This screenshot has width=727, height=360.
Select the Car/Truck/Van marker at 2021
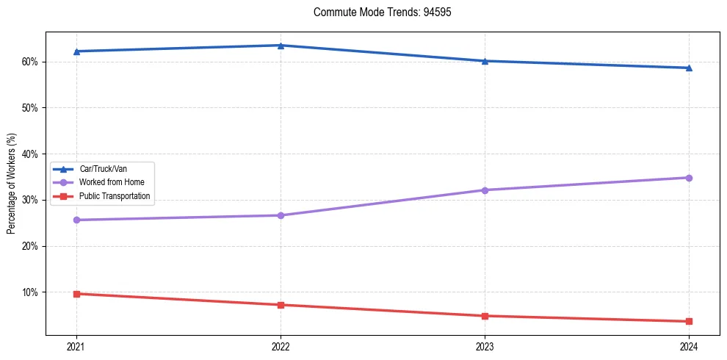(x=76, y=51)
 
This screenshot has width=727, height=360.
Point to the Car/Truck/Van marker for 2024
(x=689, y=68)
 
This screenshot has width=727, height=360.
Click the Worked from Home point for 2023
(x=485, y=190)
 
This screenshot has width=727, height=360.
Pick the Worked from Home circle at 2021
(x=76, y=220)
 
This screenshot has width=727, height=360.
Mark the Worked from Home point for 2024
(x=689, y=178)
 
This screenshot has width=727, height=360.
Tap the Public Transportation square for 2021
(x=76, y=294)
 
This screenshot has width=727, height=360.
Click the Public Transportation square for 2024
(x=689, y=321)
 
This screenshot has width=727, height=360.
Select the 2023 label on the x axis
(x=485, y=346)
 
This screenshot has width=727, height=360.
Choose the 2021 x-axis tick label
(x=76, y=346)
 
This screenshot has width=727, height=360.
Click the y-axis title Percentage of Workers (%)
(x=12, y=184)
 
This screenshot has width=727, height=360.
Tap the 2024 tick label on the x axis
(x=689, y=346)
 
